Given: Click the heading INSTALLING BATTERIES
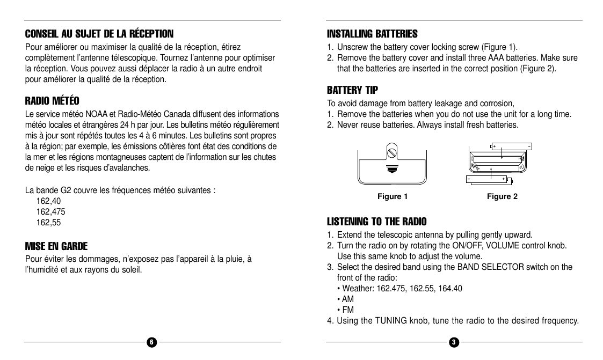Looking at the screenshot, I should click(x=372, y=34).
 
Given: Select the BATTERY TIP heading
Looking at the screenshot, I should click(x=352, y=90).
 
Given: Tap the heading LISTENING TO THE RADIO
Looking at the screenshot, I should click(x=377, y=222).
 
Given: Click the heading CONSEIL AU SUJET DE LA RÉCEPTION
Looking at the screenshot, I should click(x=99, y=34).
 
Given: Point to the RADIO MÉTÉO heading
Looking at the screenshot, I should click(x=52, y=101).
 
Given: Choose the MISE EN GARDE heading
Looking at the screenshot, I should click(x=56, y=246).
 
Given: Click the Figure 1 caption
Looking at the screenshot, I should click(x=393, y=196).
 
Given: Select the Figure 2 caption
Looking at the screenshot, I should click(x=502, y=196).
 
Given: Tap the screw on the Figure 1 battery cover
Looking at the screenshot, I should click(x=392, y=153).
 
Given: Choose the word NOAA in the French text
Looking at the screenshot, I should click(x=96, y=114).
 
